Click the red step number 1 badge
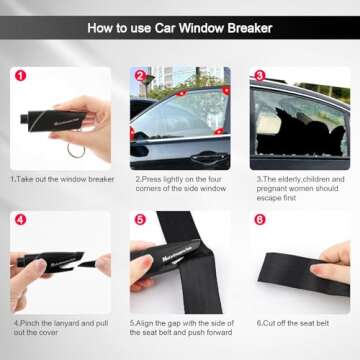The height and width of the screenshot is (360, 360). [x=20, y=75]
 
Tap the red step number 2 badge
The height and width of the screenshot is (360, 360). [x=139, y=75]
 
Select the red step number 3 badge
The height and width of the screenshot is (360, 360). [x=258, y=75]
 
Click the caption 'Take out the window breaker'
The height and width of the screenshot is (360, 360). [x=62, y=179]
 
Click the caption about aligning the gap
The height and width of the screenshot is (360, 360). [x=180, y=327]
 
